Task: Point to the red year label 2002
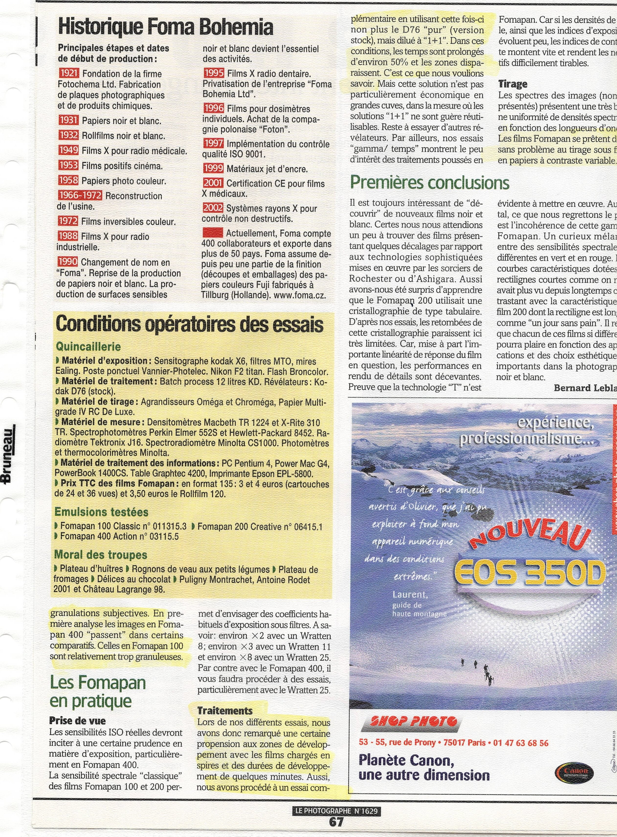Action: point(213,208)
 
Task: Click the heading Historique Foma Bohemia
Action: point(166,27)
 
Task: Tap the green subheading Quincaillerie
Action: point(88,346)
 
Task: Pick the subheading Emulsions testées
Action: point(101,512)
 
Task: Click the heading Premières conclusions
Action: point(429,183)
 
